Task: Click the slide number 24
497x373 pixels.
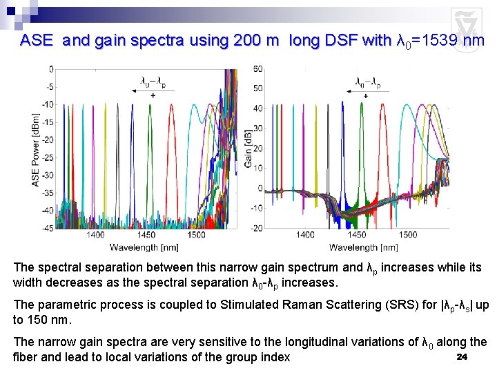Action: [462, 356]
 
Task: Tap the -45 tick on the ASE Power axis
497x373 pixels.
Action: [48, 229]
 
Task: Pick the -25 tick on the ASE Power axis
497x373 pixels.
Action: [48, 157]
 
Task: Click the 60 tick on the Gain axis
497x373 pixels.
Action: [257, 68]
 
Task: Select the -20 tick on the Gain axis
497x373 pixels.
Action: [256, 229]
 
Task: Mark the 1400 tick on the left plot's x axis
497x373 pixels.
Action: [96, 236]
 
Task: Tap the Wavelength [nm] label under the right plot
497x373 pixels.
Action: [362, 247]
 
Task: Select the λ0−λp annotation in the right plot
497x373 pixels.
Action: [366, 80]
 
